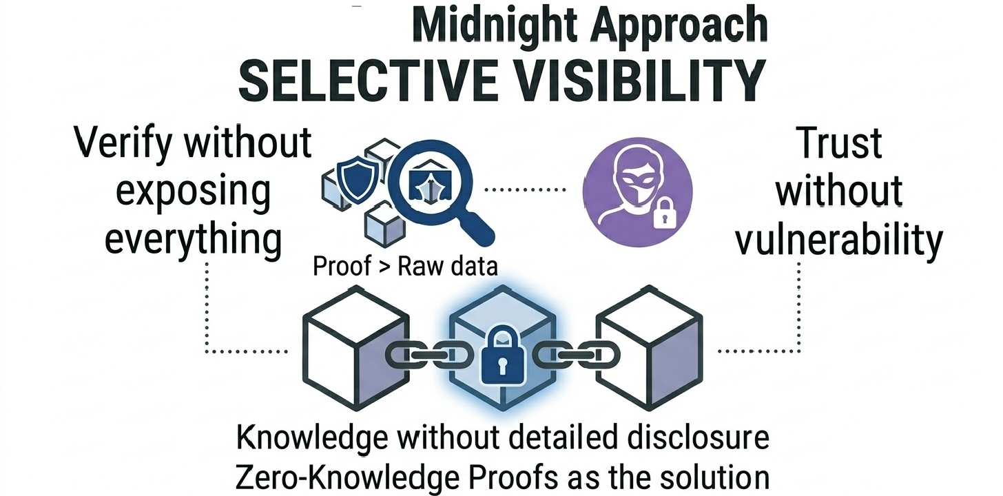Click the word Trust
coord(839,144)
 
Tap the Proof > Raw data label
coord(405,266)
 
